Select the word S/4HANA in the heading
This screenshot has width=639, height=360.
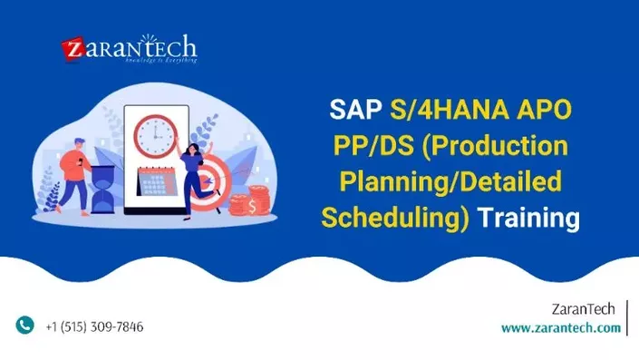(443, 111)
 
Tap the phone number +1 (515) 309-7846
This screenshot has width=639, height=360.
(94, 326)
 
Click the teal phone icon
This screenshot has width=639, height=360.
(25, 326)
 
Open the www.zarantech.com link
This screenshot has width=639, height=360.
(560, 327)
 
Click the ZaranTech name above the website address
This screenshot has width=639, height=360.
(586, 309)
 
